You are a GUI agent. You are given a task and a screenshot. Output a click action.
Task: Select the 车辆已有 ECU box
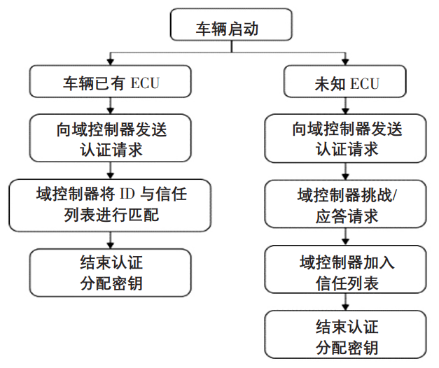pyautogui.click(x=109, y=83)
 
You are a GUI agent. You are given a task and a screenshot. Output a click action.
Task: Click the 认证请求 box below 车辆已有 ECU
pyautogui.click(x=109, y=139)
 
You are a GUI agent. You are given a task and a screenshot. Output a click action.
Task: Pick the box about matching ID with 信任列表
pyautogui.click(x=109, y=203)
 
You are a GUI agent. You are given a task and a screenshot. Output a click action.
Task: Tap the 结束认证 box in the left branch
pyautogui.click(x=110, y=273)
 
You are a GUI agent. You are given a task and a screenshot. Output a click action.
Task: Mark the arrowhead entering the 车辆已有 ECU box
pyautogui.click(x=109, y=62)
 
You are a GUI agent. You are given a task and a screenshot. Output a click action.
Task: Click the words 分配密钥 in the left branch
pyautogui.click(x=110, y=283)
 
